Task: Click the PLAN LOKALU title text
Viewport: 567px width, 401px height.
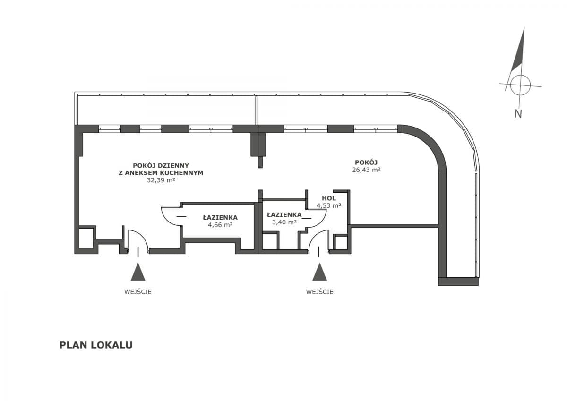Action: point(96,345)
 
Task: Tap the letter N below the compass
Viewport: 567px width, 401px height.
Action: point(518,113)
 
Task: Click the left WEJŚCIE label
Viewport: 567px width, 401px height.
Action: point(138,291)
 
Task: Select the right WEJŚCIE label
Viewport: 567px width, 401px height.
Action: point(319,291)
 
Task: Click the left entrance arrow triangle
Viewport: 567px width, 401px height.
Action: point(138,273)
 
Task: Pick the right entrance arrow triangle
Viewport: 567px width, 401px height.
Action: point(319,273)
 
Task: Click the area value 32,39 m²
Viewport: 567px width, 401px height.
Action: point(161,180)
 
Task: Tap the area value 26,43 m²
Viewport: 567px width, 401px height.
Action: point(366,170)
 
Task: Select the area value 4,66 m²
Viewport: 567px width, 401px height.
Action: point(220,225)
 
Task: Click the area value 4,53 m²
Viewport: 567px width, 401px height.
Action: point(329,205)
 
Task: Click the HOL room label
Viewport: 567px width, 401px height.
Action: point(329,198)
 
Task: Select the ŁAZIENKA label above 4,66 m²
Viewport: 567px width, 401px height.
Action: point(220,217)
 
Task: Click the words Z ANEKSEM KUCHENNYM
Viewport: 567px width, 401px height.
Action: point(161,173)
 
